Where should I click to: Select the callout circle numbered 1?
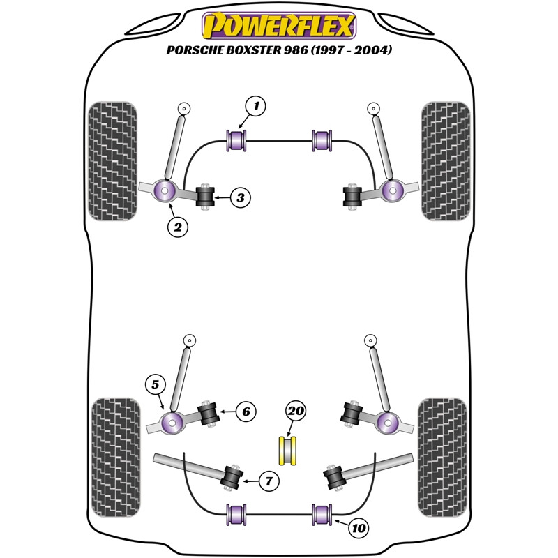256,107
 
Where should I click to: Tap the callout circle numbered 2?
177,226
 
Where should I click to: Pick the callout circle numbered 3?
240,198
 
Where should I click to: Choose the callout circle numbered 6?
246,412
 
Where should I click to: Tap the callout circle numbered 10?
359,529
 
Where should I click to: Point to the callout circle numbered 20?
296,412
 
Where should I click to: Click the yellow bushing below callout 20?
288,450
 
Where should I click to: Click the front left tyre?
112,161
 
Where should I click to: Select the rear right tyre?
444,457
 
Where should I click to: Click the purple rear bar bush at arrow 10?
322,514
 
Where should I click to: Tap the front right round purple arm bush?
392,189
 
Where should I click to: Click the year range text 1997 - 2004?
352,51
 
